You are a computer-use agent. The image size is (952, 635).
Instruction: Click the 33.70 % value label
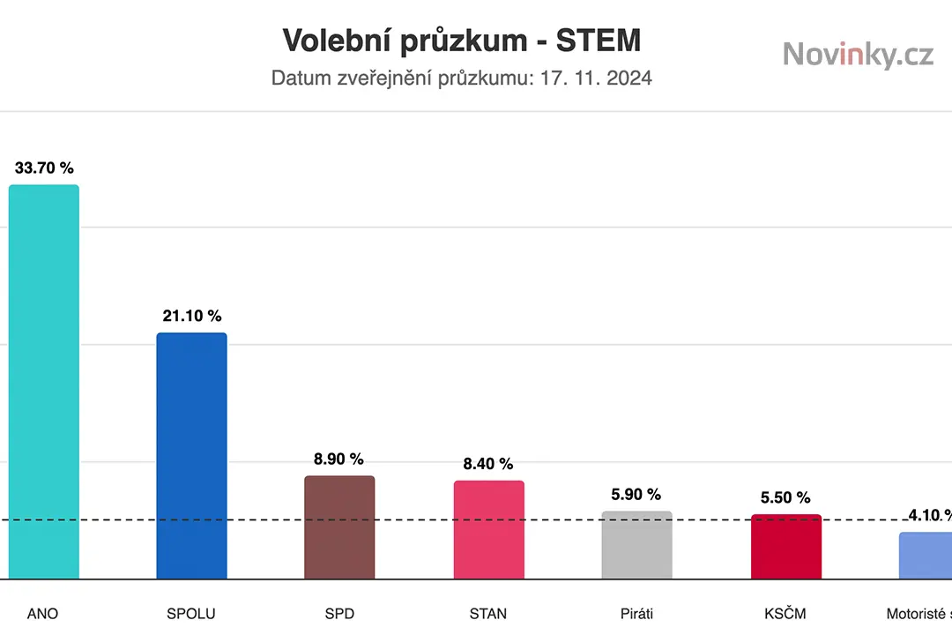[x=44, y=168]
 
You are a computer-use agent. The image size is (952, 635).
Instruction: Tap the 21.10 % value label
[x=191, y=316]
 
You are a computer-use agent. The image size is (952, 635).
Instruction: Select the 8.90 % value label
[x=338, y=459]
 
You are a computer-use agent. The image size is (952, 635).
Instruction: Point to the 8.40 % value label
[x=487, y=464]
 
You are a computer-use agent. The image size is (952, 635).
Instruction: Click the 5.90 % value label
[x=636, y=495]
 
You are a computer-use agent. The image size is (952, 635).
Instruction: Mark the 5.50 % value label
[x=785, y=497]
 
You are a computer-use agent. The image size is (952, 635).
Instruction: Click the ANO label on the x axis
[x=42, y=613]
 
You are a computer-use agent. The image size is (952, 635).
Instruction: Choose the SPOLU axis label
[x=190, y=613]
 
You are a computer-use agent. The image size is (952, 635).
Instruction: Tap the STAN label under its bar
[x=488, y=613]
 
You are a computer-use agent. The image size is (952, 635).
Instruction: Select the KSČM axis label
[x=785, y=612]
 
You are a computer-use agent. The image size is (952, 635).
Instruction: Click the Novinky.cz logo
[x=858, y=55]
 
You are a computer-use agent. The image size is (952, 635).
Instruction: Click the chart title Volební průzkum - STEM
[x=461, y=41]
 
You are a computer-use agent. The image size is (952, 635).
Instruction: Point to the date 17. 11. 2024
[x=597, y=78]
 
